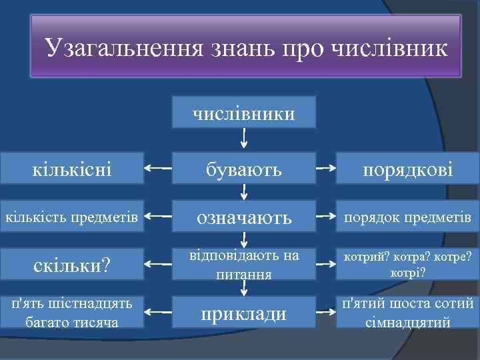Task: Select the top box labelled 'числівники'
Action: (x=245, y=113)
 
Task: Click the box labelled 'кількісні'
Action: (x=72, y=170)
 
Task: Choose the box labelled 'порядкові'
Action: (x=408, y=170)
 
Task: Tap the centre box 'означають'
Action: (x=245, y=217)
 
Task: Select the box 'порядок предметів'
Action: (x=408, y=217)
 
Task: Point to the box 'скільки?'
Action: (x=72, y=265)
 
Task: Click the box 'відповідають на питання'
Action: (x=245, y=265)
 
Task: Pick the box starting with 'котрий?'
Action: (x=408, y=265)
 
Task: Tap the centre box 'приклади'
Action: (x=245, y=312)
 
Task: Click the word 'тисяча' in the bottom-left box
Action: (x=97, y=323)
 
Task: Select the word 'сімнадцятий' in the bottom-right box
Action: (x=408, y=323)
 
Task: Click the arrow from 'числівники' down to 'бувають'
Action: (x=245, y=138)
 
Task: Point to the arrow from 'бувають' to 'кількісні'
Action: (x=158, y=169)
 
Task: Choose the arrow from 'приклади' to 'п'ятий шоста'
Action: (x=325, y=311)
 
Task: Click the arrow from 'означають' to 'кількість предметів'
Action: (x=158, y=217)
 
